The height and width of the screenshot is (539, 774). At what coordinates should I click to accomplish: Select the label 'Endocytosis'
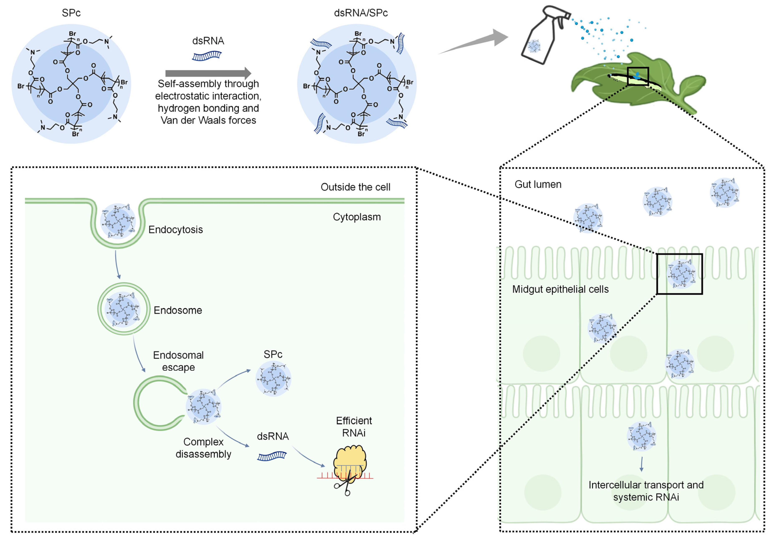click(176, 230)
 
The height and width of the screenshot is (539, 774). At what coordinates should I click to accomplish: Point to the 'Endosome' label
click(178, 310)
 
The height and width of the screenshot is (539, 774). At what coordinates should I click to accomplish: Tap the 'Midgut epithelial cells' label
click(560, 289)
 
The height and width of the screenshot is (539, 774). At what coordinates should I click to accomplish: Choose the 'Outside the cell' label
click(355, 187)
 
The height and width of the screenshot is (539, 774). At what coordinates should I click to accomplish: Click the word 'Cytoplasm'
click(357, 217)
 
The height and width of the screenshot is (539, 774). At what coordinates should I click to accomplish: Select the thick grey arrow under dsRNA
click(208, 73)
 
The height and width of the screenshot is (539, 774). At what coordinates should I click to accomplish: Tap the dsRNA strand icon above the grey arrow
click(207, 56)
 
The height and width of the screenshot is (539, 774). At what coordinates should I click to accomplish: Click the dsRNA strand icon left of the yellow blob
click(272, 456)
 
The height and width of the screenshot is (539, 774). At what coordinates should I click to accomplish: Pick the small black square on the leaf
click(638, 76)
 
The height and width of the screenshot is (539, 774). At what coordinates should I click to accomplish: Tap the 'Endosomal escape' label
click(178, 361)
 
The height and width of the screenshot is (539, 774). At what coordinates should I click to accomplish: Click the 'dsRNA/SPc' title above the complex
click(361, 13)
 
